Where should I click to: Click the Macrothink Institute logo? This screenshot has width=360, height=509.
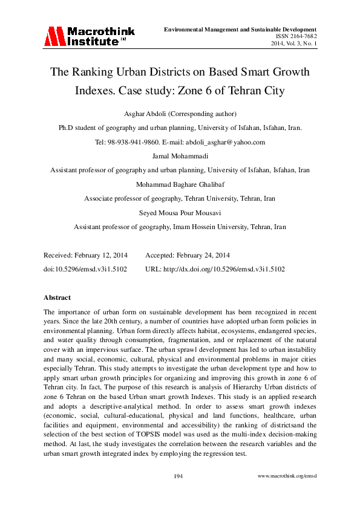click(88, 36)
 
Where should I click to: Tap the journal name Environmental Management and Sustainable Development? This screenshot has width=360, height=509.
click(241, 29)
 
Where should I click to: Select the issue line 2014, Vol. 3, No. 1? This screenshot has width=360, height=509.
click(290, 44)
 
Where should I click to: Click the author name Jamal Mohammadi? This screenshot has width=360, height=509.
click(180, 156)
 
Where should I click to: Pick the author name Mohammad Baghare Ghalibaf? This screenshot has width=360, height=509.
click(180, 184)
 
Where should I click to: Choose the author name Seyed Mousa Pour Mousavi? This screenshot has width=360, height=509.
click(180, 213)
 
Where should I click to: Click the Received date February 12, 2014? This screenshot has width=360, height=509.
click(99, 256)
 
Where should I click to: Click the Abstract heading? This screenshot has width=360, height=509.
click(57, 297)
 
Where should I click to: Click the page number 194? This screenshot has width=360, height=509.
click(178, 476)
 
